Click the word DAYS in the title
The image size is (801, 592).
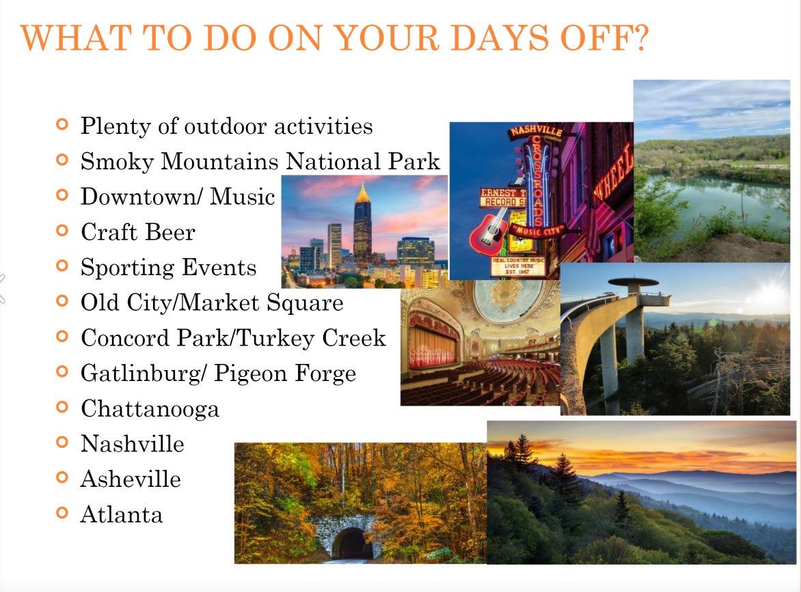(500, 38)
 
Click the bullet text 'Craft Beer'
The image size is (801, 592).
(138, 232)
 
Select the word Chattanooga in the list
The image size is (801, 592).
(150, 409)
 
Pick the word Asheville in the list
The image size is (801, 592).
(131, 479)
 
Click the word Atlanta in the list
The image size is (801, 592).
(122, 514)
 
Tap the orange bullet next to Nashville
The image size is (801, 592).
(62, 442)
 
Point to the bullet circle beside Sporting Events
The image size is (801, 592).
(62, 266)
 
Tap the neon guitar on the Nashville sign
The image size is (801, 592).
(489, 232)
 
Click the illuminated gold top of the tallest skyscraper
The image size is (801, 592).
(362, 193)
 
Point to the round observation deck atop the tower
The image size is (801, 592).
(633, 282)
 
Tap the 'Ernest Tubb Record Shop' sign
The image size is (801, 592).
(503, 197)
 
